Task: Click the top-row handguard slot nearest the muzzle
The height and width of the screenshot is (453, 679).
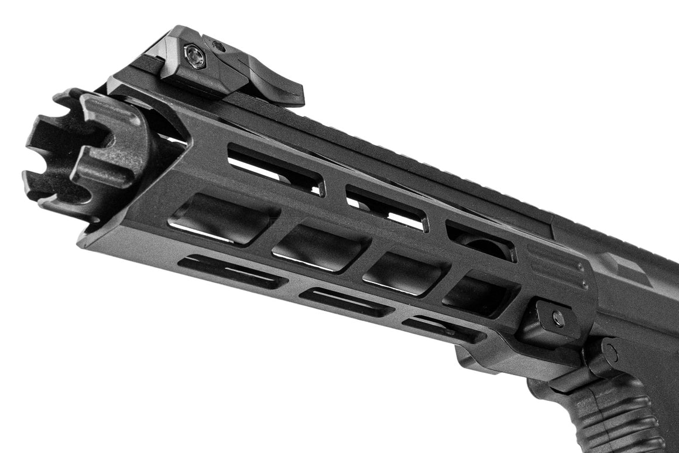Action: pyautogui.click(x=275, y=170)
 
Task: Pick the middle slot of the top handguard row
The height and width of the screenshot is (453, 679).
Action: pyautogui.click(x=386, y=208)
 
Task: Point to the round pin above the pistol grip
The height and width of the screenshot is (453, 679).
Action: pyautogui.click(x=610, y=352)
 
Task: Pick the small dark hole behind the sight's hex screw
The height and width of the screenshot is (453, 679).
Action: pyautogui.click(x=218, y=45)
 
